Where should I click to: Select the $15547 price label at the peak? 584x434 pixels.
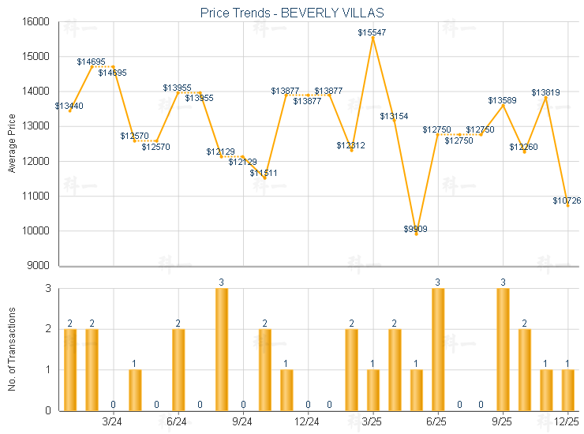click(372, 32)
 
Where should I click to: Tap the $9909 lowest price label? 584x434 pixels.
click(416, 229)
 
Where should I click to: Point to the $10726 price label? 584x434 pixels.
click(567, 201)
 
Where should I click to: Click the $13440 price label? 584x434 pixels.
click(69, 106)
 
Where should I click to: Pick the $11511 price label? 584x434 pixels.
click(264, 173)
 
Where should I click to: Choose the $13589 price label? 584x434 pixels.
click(502, 100)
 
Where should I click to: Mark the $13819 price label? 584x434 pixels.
click(545, 92)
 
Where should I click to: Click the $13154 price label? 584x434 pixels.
click(394, 116)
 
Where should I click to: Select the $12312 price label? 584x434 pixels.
click(350, 145)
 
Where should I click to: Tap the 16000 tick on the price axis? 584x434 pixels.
click(36, 22)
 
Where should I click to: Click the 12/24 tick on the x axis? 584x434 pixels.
click(308, 422)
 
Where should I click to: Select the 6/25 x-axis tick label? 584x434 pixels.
click(437, 422)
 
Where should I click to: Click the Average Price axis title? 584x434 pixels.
click(12, 144)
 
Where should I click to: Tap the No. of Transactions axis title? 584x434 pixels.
click(12, 349)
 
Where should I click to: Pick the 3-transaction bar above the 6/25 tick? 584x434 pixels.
click(438, 350)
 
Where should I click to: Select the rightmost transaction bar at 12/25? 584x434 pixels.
click(567, 390)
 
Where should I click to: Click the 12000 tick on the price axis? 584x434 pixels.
click(36, 161)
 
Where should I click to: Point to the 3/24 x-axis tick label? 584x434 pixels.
click(113, 422)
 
